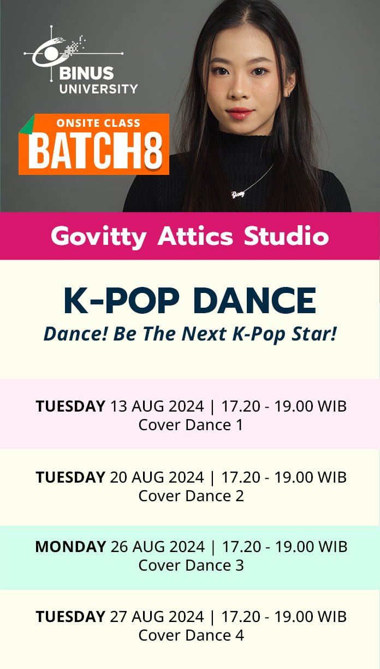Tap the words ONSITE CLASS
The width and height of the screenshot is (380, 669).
point(98,123)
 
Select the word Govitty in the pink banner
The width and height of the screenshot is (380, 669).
point(99,237)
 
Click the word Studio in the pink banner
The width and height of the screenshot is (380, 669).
point(286,236)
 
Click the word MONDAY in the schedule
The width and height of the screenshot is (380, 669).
point(70,547)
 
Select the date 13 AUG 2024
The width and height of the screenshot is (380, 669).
point(157,406)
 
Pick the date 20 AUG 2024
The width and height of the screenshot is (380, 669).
point(157,477)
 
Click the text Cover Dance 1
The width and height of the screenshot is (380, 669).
point(191,425)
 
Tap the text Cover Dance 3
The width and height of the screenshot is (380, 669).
point(191,565)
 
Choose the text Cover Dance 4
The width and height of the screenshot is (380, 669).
point(191,635)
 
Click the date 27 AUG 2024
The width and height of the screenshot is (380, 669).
point(157,617)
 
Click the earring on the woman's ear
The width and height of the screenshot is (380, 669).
point(289,95)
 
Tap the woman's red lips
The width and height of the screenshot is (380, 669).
point(240,113)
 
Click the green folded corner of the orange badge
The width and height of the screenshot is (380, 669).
point(27,124)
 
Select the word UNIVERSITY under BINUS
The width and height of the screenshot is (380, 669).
point(98,89)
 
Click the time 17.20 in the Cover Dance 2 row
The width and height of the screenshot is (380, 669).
point(241,477)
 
